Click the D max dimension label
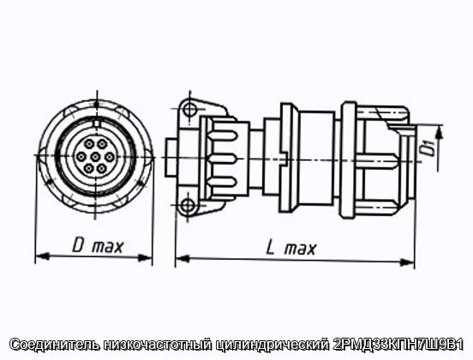pos(98,246)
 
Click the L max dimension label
pos(291,249)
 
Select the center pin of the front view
pos(95,157)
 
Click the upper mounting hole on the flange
pos(189,109)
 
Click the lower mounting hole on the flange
pos(188,206)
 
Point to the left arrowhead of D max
pos(42,256)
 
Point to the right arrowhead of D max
pos(145,258)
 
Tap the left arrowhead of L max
pos(183,259)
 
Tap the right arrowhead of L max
pos(408,263)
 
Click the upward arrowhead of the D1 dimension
pos(440,132)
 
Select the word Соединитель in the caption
pos(55,345)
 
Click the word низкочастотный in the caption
pos(158,345)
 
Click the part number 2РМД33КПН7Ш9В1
pos(398,345)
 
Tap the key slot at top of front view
pos(96,123)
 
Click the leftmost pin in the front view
pos(81,157)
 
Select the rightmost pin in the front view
pos(110,157)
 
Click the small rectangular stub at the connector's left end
pos(171,157)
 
